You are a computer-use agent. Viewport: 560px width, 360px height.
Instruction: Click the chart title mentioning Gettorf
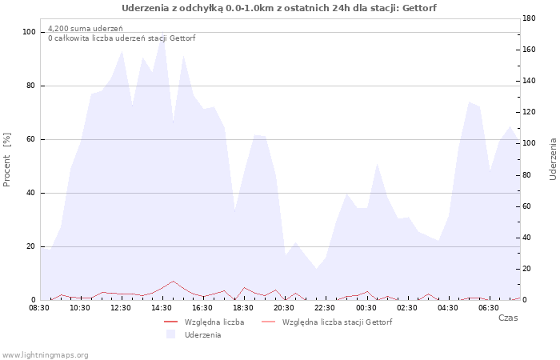(x=279, y=8)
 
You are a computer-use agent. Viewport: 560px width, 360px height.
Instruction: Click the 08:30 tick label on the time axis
(x=39, y=308)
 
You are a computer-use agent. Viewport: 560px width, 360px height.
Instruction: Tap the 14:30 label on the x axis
(x=162, y=308)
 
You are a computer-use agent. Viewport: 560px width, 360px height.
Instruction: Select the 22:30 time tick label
(x=325, y=308)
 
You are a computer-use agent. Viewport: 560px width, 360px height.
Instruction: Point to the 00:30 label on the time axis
(x=366, y=308)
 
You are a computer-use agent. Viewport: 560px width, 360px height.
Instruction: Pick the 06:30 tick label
(x=489, y=308)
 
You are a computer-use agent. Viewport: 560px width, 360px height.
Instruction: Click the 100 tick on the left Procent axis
(x=29, y=32)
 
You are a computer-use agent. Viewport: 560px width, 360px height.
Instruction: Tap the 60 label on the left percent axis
(x=31, y=139)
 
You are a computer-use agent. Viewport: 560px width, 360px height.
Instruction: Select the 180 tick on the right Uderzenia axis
(x=529, y=18)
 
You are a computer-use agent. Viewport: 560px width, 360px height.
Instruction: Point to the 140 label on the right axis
(x=529, y=81)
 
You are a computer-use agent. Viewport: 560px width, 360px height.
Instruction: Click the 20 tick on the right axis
(x=526, y=269)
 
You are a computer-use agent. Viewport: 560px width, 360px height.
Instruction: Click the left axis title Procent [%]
(x=6, y=160)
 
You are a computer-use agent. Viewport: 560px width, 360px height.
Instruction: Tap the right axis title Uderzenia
(x=553, y=159)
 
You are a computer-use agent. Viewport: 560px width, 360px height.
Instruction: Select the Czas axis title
(x=508, y=318)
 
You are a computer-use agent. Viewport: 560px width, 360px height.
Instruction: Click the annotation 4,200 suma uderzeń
(x=86, y=29)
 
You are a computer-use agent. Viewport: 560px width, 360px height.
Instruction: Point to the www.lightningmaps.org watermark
(x=44, y=355)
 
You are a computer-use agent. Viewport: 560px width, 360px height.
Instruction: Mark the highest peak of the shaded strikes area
(x=163, y=32)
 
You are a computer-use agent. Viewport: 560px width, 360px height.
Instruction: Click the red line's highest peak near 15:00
(x=174, y=281)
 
